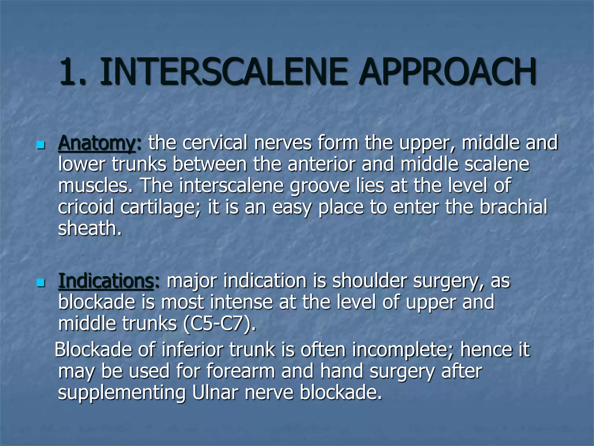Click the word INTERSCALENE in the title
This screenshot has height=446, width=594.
click(x=223, y=71)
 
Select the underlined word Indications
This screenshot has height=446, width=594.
click(x=106, y=281)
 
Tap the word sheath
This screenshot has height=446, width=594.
click(x=89, y=228)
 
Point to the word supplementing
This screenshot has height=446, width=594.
click(x=122, y=393)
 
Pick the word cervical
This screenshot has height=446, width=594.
click(x=215, y=143)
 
